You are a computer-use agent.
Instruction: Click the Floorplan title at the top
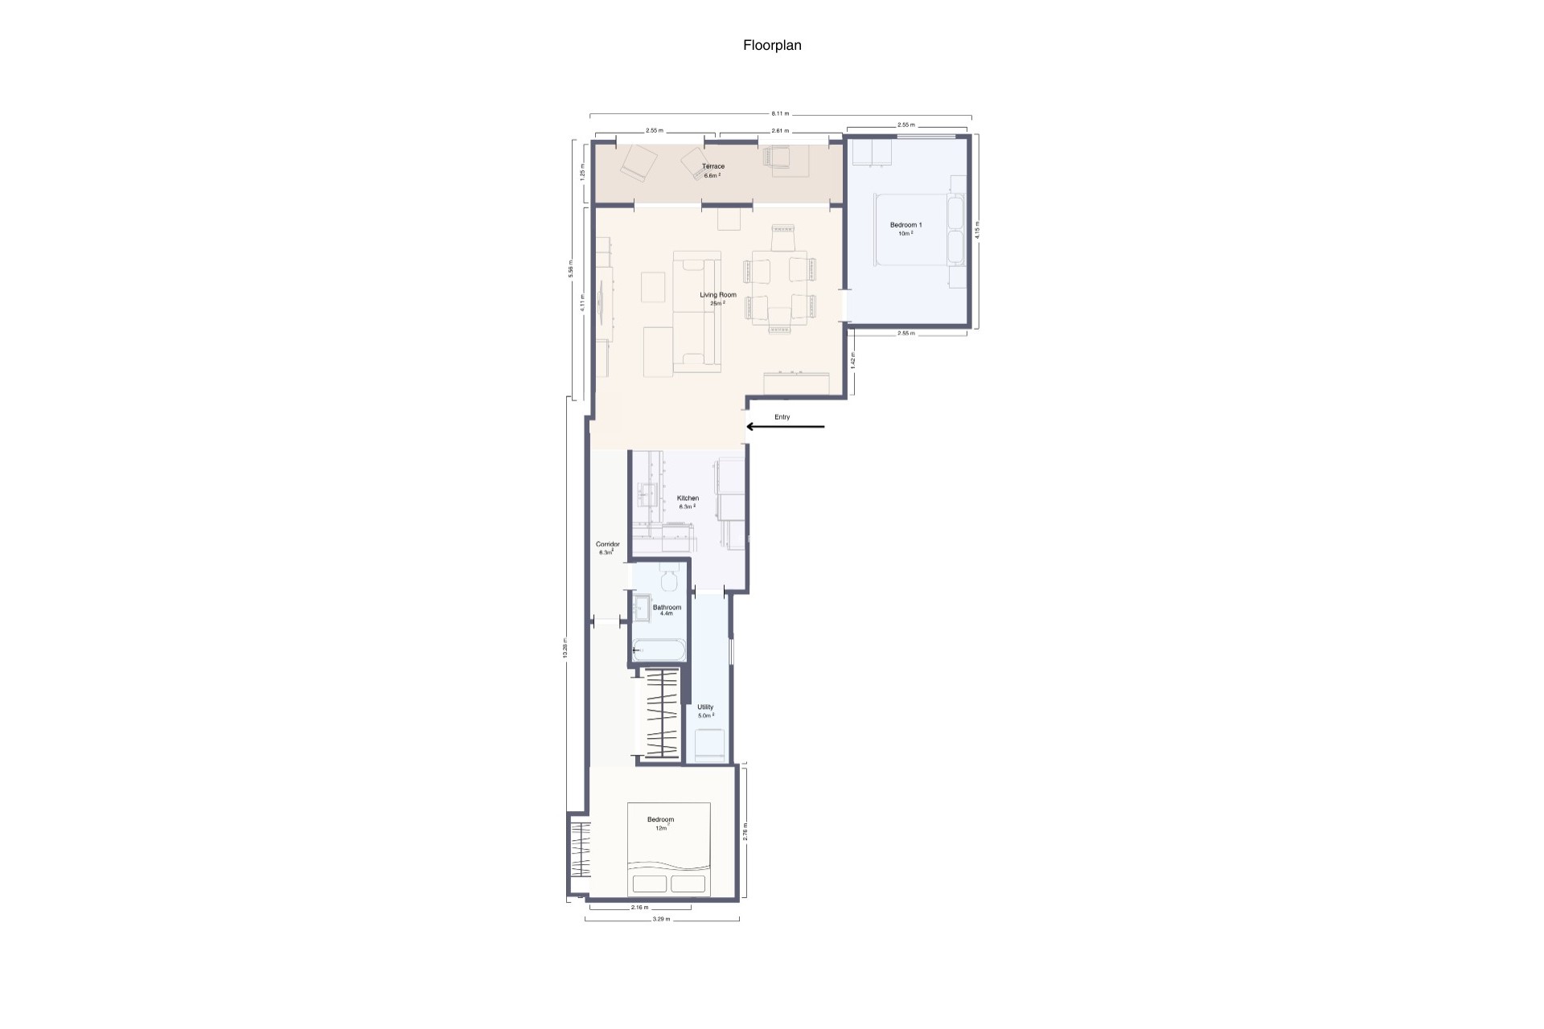click(x=772, y=46)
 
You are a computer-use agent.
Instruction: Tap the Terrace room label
click(x=713, y=167)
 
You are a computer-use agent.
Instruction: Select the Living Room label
click(x=717, y=295)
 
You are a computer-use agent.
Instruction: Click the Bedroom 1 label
click(x=905, y=225)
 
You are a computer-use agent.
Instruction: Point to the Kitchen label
click(x=688, y=498)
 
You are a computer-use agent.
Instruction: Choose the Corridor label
click(x=607, y=544)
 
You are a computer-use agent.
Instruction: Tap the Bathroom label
click(x=667, y=608)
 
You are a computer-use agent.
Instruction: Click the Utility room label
click(x=705, y=707)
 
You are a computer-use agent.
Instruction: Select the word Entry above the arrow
click(x=782, y=417)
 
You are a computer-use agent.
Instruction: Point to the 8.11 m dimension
click(x=780, y=113)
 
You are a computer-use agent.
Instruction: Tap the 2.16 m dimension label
click(x=639, y=908)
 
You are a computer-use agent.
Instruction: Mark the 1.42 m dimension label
click(x=853, y=360)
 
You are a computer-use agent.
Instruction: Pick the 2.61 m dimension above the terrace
click(x=780, y=130)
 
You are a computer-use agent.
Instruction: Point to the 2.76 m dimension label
click(x=745, y=830)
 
